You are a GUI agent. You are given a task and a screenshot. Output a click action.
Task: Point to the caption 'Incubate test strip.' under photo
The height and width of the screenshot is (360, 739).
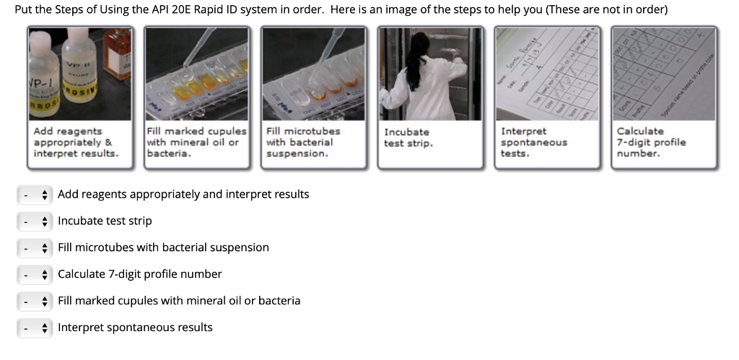[x=407, y=138]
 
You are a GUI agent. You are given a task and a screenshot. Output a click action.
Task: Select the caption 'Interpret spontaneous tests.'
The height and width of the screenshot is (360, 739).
[x=534, y=142]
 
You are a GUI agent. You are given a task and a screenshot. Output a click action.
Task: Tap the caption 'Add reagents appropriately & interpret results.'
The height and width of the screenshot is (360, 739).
[x=76, y=142]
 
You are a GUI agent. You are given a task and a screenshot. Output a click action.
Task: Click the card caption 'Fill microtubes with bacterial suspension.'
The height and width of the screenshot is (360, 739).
[x=303, y=142]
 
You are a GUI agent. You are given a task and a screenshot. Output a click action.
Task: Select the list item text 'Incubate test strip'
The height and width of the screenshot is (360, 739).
[x=105, y=221]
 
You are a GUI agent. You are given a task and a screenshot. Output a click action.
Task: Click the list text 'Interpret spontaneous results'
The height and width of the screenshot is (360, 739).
[x=135, y=328]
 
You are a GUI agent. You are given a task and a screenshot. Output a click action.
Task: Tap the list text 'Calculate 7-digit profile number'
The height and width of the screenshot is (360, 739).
[x=139, y=274]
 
